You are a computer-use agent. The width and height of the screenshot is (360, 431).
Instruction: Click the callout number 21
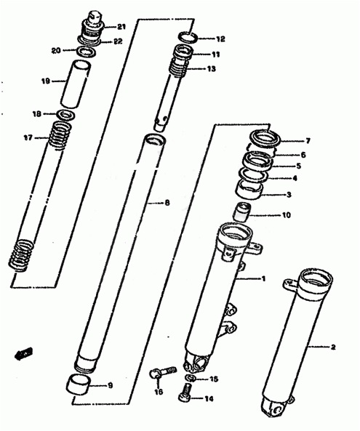tap(121, 27)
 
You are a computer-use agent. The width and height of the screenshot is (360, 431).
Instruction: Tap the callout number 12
tap(220, 39)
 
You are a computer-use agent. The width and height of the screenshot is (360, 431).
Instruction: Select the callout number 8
tap(167, 203)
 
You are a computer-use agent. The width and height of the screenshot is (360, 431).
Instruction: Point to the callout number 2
tap(333, 347)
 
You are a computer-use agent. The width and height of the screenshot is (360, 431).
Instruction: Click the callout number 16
tap(159, 392)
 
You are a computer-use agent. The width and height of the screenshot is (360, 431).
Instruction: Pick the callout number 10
tap(287, 215)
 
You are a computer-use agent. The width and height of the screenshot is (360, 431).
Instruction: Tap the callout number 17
tap(28, 137)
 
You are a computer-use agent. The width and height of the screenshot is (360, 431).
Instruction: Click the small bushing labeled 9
tap(79, 384)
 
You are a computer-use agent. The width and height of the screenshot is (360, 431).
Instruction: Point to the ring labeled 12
tap(188, 38)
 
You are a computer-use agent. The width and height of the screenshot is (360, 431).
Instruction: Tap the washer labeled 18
tap(65, 114)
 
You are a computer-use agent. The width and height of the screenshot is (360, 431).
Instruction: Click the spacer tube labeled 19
tap(76, 84)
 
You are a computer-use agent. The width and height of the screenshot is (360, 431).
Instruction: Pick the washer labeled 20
tap(85, 52)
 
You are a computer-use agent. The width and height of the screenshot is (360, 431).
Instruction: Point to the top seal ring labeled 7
tap(265, 139)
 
